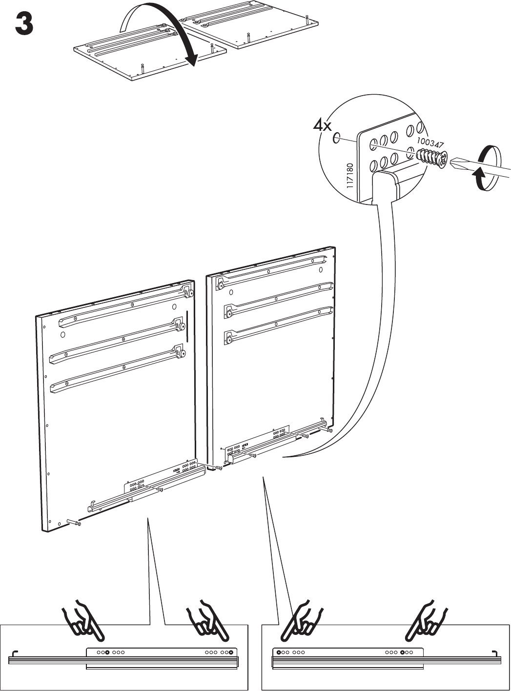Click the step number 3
24,25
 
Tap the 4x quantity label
322,126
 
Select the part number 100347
430,142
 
